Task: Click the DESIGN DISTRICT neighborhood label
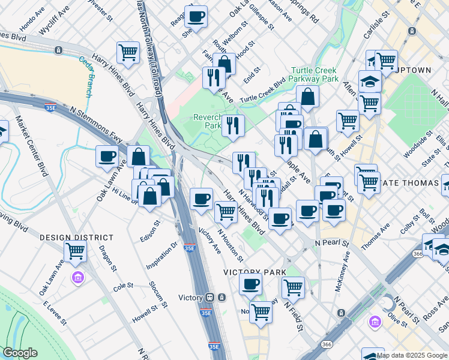pos(68,238)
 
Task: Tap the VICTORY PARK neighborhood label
pos(255,272)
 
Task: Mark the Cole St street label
pos(122,286)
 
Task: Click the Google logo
pos(19,353)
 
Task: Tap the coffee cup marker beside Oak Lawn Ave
pos(107,157)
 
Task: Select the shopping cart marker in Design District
pos(75,251)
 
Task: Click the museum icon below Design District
pos(78,278)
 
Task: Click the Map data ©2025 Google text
pos(412,355)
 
